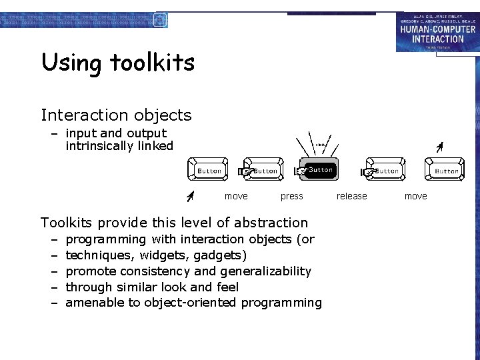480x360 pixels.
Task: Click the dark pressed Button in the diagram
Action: tap(320, 170)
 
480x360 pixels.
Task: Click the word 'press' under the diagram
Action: tap(291, 196)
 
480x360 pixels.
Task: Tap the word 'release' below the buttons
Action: tap(351, 196)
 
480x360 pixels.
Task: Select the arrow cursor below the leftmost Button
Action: tap(190, 195)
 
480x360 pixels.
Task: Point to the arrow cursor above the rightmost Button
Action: tap(439, 147)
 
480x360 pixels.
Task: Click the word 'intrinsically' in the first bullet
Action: tap(103, 146)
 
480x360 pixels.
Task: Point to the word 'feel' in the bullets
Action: tap(227, 287)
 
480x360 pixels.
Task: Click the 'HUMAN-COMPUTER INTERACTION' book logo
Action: tap(437, 31)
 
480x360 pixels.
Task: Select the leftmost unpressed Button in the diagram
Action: tap(208, 170)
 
